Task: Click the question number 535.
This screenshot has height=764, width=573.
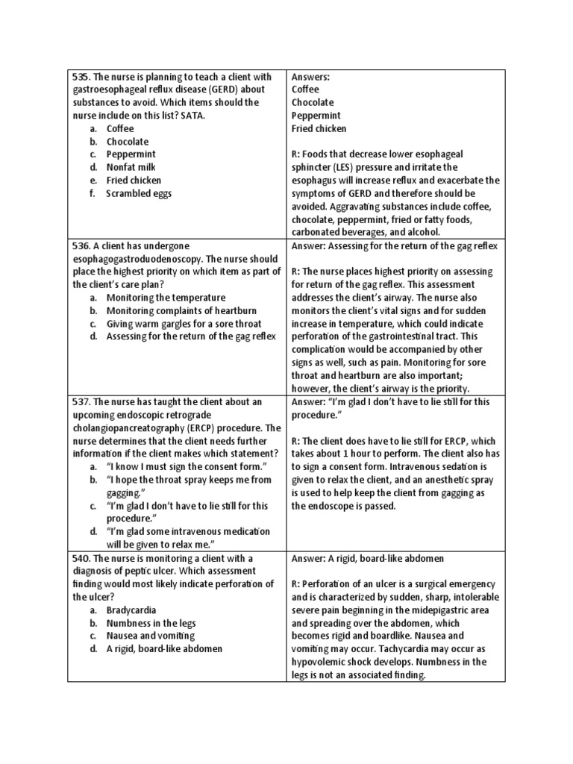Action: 81,76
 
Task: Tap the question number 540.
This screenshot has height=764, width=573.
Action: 81,558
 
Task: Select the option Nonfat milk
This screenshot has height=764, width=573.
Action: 131,167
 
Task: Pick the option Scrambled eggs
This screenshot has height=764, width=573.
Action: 139,193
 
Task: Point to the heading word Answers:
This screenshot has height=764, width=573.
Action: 310,76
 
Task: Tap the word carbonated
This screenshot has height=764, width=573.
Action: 320,232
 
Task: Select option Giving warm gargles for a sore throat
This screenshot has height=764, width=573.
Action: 184,323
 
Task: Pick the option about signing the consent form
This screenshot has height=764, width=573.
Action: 187,466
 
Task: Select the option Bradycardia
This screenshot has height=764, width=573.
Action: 131,610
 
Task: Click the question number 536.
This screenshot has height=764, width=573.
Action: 81,245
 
